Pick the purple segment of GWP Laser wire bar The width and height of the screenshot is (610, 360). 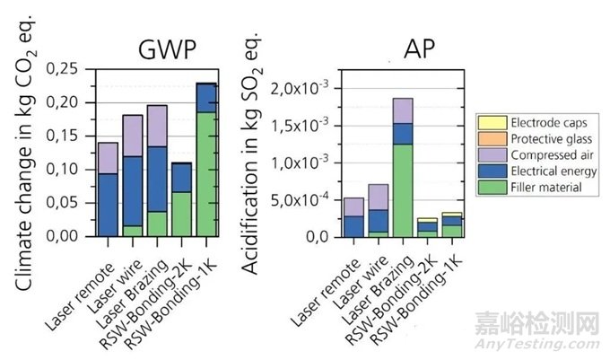point(133,136)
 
